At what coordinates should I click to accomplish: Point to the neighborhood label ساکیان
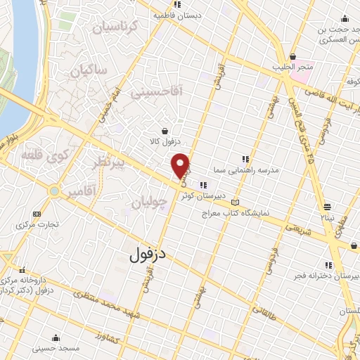click(x=91, y=70)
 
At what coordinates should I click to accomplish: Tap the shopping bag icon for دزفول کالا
click(x=165, y=131)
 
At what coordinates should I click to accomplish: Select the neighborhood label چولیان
click(x=149, y=203)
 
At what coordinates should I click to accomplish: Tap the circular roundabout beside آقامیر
click(x=54, y=191)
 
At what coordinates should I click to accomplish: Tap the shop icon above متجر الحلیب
click(x=292, y=57)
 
